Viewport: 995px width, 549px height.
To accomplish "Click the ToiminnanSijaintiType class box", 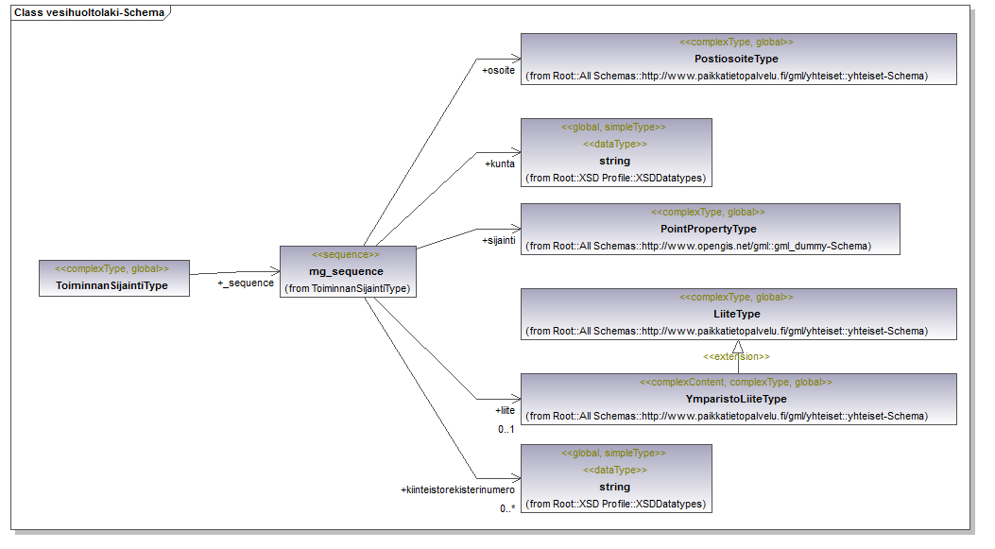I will (x=114, y=277).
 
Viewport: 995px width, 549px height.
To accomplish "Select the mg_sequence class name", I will (x=347, y=271).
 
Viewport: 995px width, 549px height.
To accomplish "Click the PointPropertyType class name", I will (x=709, y=229).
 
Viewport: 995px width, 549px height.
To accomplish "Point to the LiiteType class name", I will (x=736, y=314).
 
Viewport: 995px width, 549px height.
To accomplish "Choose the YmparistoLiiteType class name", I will (x=736, y=399).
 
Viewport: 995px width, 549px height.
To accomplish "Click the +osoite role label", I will (x=498, y=71).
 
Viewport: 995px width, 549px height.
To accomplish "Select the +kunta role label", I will (x=500, y=163).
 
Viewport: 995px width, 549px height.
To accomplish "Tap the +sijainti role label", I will (x=498, y=240).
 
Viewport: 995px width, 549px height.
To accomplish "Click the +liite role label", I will (x=505, y=411).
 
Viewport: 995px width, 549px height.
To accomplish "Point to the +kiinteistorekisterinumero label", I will (x=457, y=489).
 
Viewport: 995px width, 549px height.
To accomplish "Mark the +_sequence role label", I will (x=246, y=283).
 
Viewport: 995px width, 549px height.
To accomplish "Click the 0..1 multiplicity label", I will (x=506, y=430).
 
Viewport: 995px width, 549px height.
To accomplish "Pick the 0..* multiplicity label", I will (x=507, y=508).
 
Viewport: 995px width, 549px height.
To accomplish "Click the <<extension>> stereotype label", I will (x=736, y=357).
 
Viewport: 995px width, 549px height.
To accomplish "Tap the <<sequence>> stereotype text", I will (x=347, y=255).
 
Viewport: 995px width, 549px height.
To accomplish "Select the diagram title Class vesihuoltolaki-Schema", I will (x=89, y=13).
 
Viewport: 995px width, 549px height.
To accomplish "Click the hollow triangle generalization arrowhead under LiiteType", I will (x=738, y=347).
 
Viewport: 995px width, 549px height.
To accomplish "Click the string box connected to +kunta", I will (x=615, y=151).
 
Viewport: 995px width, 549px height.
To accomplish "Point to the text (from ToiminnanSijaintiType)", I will (x=347, y=288).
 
